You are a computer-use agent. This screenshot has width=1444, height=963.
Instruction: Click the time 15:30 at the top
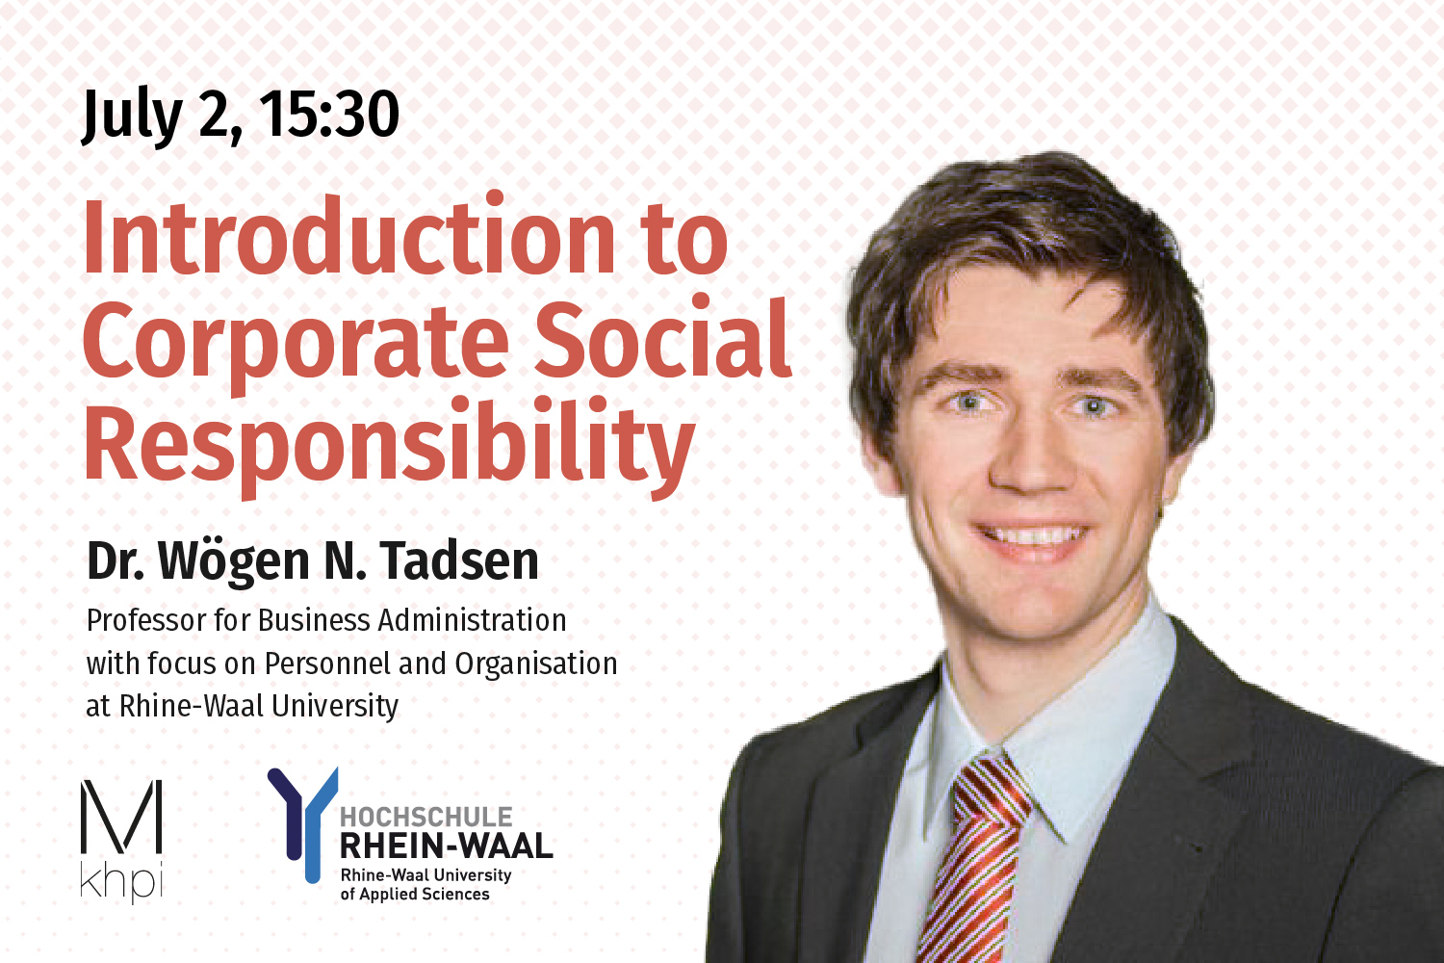[329, 116]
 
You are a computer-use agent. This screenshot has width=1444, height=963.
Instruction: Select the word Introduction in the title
[348, 237]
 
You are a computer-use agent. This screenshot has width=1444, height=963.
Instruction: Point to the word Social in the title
[662, 339]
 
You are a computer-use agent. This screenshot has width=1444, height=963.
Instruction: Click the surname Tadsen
[459, 560]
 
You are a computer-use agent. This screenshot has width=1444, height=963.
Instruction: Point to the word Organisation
[536, 664]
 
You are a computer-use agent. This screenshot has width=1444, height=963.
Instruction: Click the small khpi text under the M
[121, 881]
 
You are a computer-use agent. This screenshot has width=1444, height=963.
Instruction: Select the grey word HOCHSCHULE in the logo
[426, 817]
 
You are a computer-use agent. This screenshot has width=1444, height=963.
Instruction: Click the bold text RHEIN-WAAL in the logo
[446, 846]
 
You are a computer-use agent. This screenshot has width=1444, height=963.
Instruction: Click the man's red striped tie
[972, 857]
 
